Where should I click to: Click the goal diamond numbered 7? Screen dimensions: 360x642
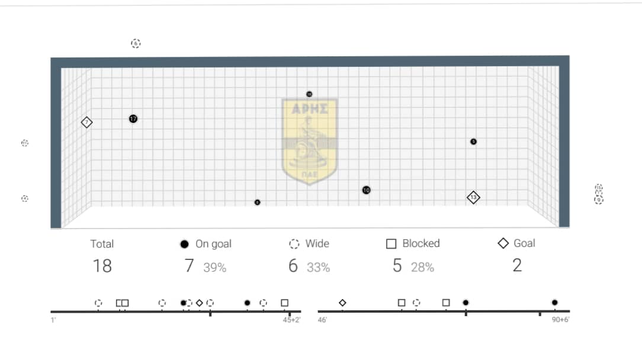tap(87, 123)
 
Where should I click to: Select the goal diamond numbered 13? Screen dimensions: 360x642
tap(473, 197)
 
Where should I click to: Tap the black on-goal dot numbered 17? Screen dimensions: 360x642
tap(133, 119)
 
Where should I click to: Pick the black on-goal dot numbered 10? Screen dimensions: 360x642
tap(367, 190)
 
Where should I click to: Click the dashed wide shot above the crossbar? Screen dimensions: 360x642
tap(136, 43)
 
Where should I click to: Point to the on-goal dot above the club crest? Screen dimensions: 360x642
tap(309, 94)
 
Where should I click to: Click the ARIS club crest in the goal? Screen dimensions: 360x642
tap(309, 141)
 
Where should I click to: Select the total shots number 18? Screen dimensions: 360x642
tap(102, 266)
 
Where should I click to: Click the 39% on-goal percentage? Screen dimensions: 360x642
tap(214, 268)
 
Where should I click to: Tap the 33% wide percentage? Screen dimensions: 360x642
tap(318, 268)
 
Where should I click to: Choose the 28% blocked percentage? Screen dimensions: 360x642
tap(422, 268)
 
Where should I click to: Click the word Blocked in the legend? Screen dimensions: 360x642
tap(420, 243)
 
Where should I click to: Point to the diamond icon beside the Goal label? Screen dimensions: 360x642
tap(503, 243)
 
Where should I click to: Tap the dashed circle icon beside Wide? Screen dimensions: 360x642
tap(294, 244)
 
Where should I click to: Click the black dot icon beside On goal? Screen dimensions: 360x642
tap(185, 244)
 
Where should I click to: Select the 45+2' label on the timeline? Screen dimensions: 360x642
tap(291, 320)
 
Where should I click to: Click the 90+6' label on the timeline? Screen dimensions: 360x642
tap(560, 320)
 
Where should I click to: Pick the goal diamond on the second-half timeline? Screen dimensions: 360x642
tap(342, 303)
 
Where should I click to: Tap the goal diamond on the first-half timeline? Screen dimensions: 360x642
tap(200, 303)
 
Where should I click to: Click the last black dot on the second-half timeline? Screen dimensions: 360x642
tap(554, 303)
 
